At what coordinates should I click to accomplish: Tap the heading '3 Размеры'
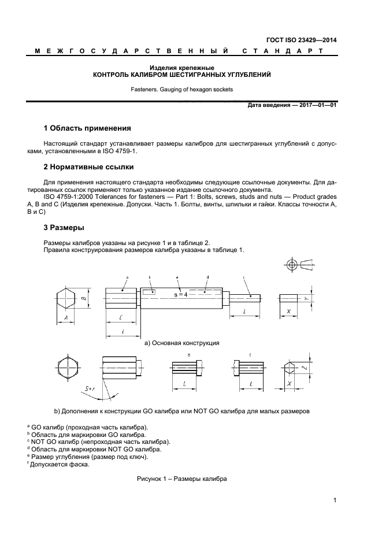pyautogui.click(x=64, y=227)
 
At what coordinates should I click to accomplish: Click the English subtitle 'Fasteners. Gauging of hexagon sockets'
pyautogui.click(x=182, y=90)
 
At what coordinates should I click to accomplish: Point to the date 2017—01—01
pyautogui.click(x=317, y=105)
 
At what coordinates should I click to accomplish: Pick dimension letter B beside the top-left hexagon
pyautogui.click(x=83, y=299)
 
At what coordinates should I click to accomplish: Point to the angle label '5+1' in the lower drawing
pyautogui.click(x=90, y=390)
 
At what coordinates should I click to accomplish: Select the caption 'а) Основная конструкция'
pyautogui.click(x=181, y=343)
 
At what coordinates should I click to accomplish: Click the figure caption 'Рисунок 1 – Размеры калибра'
pyautogui.click(x=181, y=479)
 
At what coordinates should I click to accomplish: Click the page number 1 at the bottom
pyautogui.click(x=335, y=501)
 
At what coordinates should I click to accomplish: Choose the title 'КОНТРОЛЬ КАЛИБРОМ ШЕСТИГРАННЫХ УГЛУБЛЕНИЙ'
pyautogui.click(x=182, y=75)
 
